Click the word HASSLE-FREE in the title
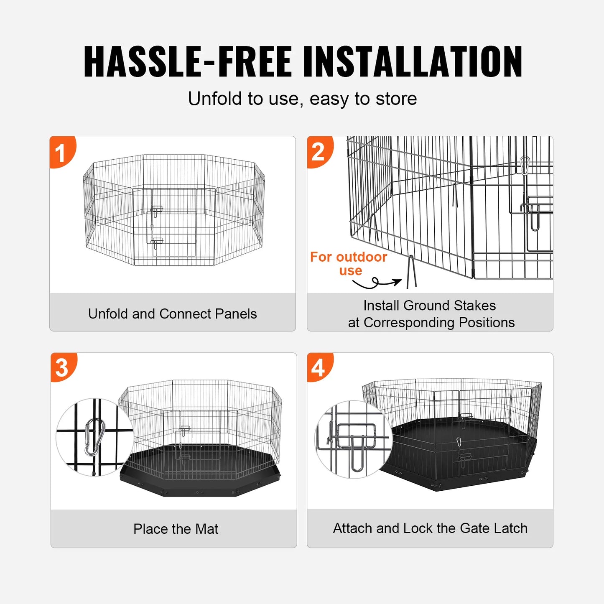coord(187,62)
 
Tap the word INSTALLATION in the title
coord(412,62)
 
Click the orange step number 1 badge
coord(61,152)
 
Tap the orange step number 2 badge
coord(319,152)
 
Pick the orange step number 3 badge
coord(62,368)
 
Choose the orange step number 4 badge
coord(319,368)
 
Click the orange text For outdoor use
coord(349,263)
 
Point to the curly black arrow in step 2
coord(375,283)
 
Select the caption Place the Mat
coord(176,529)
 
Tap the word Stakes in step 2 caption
coord(474,306)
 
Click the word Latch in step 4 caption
coord(510,528)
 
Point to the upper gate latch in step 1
coord(157,210)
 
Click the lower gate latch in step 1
coord(157,242)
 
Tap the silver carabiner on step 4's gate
coord(459,442)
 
